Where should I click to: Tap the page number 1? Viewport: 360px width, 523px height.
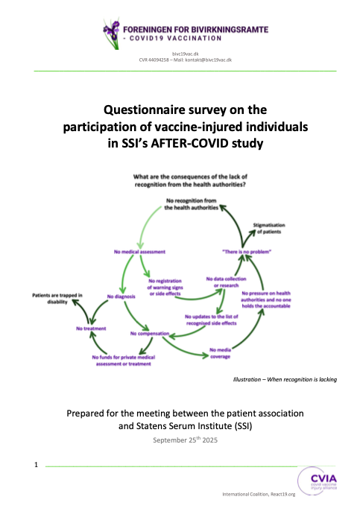(x=36, y=466)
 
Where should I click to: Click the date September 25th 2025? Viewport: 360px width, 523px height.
(x=180, y=440)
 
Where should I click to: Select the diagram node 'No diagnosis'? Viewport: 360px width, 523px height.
(x=121, y=297)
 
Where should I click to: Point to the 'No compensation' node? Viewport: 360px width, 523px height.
(x=152, y=334)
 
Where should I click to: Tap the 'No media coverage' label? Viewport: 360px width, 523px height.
(x=221, y=352)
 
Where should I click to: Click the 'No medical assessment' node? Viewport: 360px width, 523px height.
(x=139, y=252)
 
